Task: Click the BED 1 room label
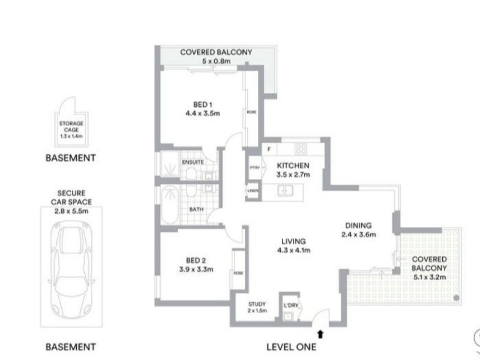(x=200, y=103)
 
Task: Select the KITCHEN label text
(x=293, y=166)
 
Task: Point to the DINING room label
(x=358, y=225)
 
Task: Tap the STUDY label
(x=256, y=304)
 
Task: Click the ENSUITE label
(x=193, y=162)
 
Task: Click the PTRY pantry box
(x=253, y=169)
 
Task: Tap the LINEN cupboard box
(x=253, y=191)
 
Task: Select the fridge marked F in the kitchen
(x=269, y=148)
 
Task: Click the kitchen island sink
(x=284, y=191)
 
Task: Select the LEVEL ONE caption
(x=291, y=347)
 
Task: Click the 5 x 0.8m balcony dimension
(x=216, y=62)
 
